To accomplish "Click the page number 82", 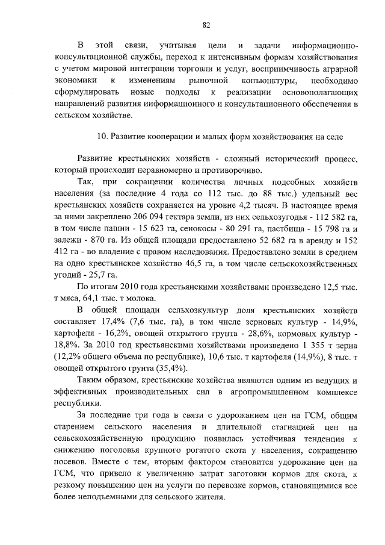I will [x=206, y=25].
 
